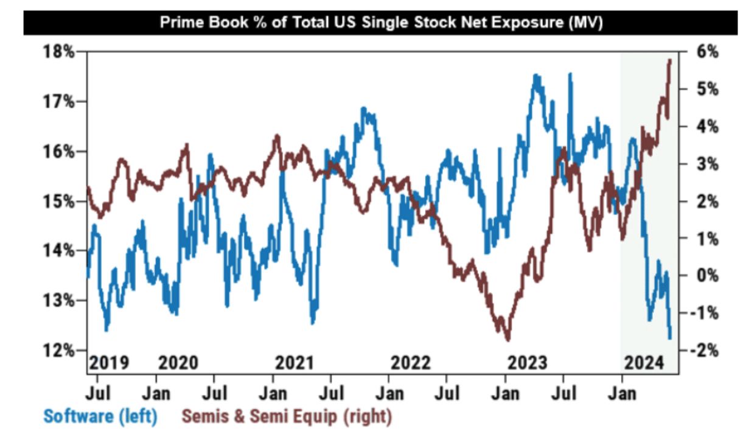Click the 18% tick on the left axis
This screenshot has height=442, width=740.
pyautogui.click(x=61, y=52)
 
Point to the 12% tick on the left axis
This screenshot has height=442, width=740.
pyautogui.click(x=61, y=350)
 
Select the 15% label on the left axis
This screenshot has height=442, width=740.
pyautogui.click(x=61, y=201)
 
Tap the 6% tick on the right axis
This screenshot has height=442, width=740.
pyautogui.click(x=705, y=52)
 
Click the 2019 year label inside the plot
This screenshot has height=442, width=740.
pyautogui.click(x=109, y=363)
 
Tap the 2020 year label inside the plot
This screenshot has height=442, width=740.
pyautogui.click(x=178, y=363)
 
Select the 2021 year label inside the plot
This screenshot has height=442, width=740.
pyautogui.click(x=295, y=363)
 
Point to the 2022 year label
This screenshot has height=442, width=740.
pyautogui.click(x=410, y=363)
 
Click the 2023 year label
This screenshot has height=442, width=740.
pyautogui.click(x=526, y=363)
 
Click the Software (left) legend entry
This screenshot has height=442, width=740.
pyautogui.click(x=100, y=417)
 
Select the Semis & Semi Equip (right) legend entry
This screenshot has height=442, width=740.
pyautogui.click(x=287, y=417)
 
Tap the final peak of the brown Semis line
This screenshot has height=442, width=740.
pyautogui.click(x=669, y=60)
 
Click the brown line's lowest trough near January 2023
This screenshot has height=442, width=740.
pyautogui.click(x=508, y=340)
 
